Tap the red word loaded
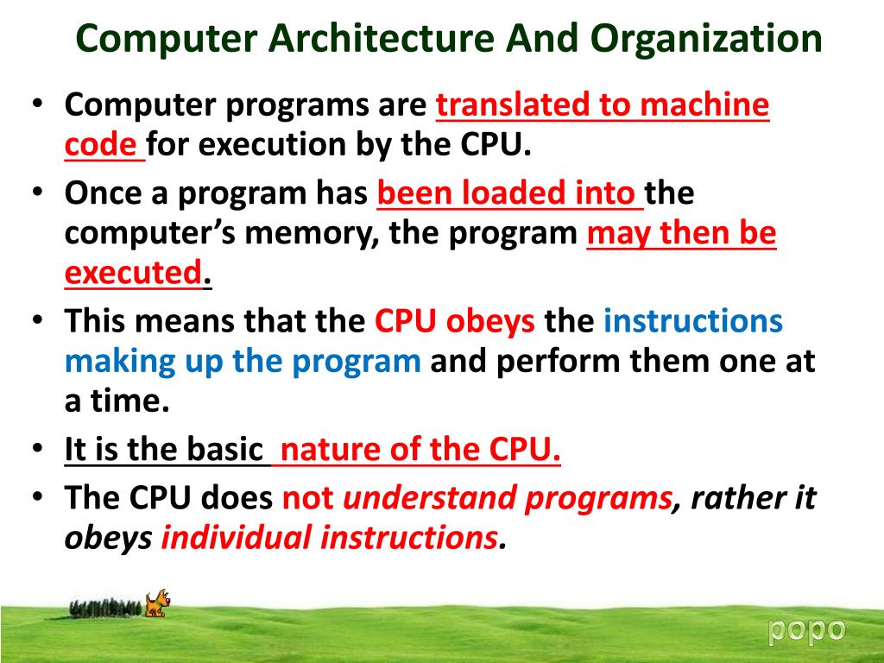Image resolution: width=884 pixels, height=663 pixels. click(510, 193)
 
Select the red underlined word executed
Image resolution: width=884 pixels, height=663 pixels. click(133, 274)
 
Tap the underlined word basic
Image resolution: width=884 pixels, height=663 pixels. click(222, 450)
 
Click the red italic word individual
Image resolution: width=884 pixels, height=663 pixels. click(237, 538)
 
